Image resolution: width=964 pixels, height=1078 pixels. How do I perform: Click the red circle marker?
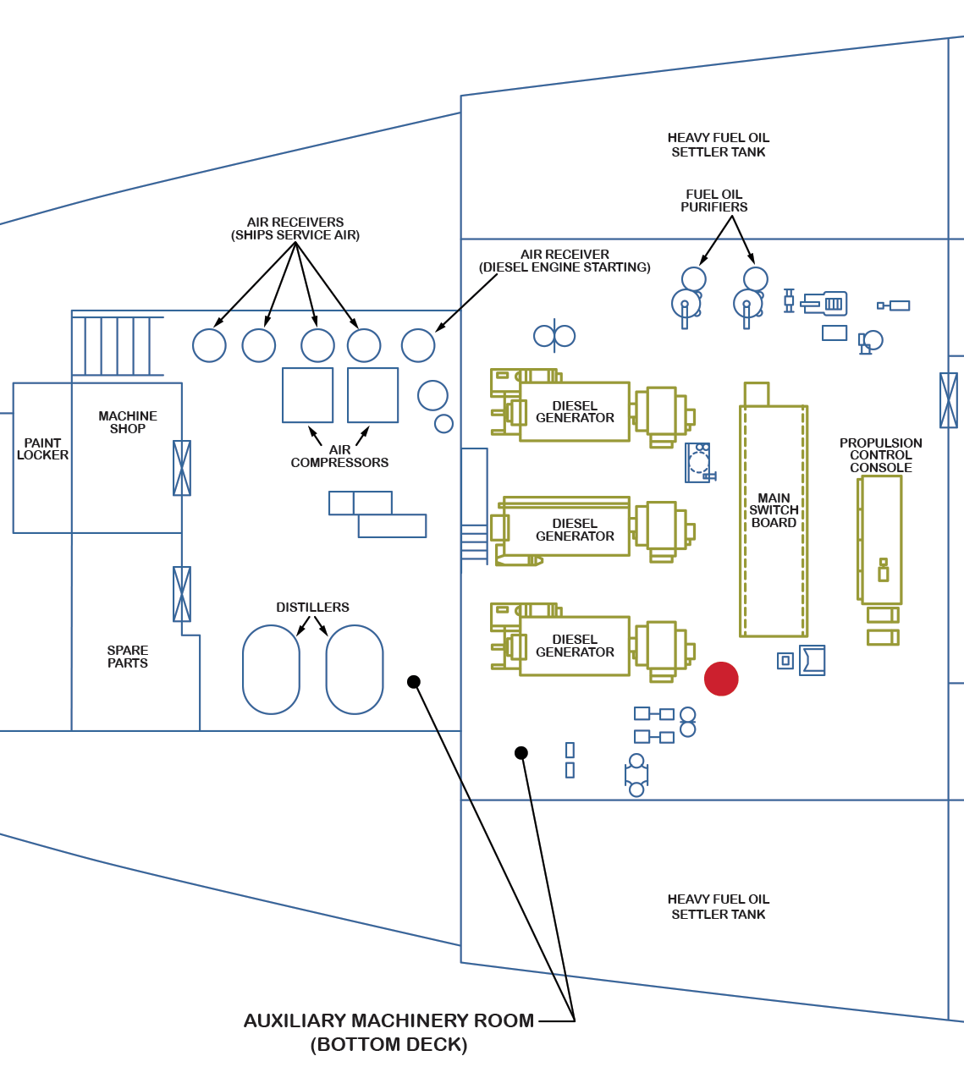tap(721, 679)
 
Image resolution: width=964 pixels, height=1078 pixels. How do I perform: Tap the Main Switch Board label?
tap(774, 510)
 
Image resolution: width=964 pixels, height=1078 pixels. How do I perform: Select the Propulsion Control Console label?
tap(880, 455)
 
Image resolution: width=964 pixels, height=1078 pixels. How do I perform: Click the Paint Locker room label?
tap(42, 448)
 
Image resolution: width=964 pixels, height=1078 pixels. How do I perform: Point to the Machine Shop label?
tap(128, 422)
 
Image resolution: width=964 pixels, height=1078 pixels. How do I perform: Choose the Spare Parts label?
tap(128, 657)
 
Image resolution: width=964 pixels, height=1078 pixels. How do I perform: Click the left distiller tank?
tap(271, 669)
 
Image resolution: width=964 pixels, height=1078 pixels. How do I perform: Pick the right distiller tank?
tap(355, 669)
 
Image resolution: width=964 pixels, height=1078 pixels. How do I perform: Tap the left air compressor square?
tap(307, 395)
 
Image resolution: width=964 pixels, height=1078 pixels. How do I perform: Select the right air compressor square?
tap(372, 395)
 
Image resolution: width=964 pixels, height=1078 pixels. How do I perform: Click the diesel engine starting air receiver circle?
tap(418, 345)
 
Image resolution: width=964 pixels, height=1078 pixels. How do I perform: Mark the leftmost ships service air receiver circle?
tap(209, 345)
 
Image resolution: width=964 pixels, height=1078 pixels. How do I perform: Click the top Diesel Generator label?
tap(575, 412)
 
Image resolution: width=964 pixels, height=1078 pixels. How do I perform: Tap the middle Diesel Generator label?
tap(575, 530)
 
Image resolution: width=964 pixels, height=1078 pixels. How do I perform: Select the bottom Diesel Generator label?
tap(575, 646)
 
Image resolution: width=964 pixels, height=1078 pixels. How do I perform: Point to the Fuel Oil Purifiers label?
tap(714, 201)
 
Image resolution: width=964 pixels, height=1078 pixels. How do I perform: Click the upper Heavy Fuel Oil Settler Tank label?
tap(718, 145)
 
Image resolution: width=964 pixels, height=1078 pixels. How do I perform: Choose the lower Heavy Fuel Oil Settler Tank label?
tap(718, 906)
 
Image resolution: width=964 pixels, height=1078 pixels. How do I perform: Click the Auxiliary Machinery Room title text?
tap(389, 1021)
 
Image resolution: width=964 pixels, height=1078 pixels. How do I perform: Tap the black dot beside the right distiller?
tap(414, 682)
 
